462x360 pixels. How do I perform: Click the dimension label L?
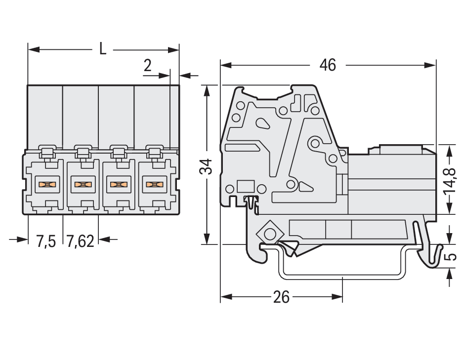click(x=102, y=49)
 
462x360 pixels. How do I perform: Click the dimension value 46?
click(x=328, y=65)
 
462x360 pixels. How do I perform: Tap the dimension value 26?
click(x=281, y=297)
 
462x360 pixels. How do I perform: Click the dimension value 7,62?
click(x=80, y=241)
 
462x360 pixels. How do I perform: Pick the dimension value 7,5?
click(x=46, y=241)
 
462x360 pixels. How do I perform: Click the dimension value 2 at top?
click(x=148, y=66)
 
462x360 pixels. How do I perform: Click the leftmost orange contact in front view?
click(x=47, y=185)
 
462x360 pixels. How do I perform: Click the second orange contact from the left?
click(x=83, y=185)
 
